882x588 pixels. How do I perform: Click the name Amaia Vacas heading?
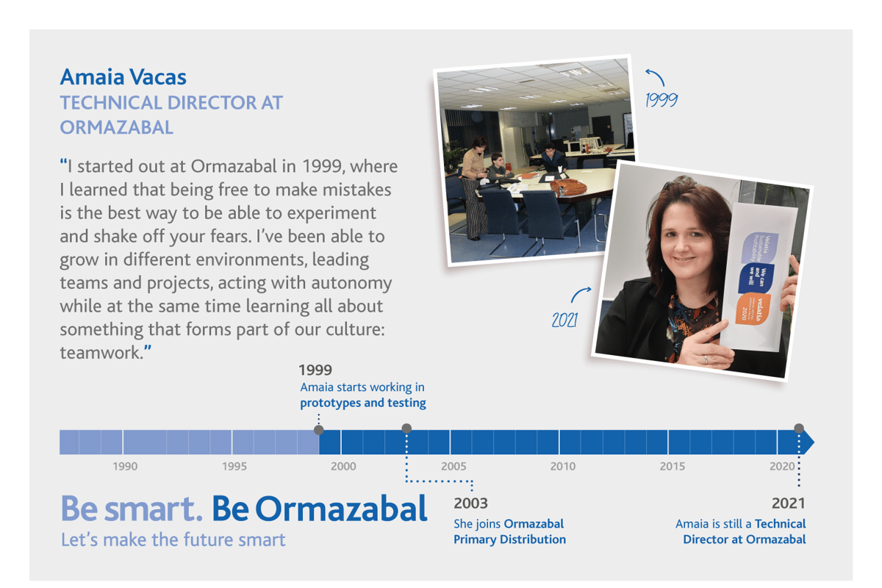[x=123, y=76]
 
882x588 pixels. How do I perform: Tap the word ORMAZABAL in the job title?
[x=117, y=128]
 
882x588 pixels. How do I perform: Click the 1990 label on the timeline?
[x=125, y=466]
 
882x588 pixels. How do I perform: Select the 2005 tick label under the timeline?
[x=453, y=466]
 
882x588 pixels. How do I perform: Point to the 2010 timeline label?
[x=563, y=466]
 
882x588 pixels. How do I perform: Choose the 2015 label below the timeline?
[x=673, y=466]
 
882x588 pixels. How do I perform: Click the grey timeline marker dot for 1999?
[x=319, y=430]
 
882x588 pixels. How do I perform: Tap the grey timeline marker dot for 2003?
[x=406, y=428]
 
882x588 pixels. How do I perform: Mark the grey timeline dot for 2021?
[x=799, y=428]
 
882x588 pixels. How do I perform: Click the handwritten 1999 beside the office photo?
[x=661, y=100]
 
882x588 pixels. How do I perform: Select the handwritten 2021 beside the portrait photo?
[x=565, y=320]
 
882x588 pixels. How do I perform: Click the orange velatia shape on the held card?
[x=753, y=309]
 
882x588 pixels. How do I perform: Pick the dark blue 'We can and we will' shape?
[x=756, y=278]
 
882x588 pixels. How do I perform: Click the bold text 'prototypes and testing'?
[x=363, y=403]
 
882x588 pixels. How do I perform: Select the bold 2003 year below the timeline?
[x=470, y=503]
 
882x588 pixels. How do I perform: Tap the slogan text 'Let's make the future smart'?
[x=173, y=539]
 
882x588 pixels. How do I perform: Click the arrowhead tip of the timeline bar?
[x=814, y=442]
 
